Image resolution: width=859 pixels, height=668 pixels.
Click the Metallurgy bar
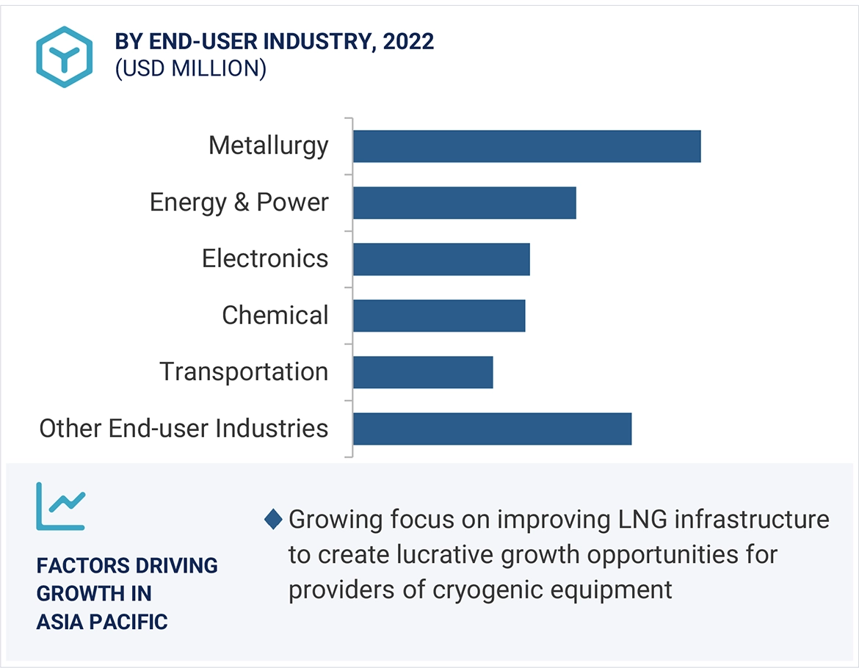526,146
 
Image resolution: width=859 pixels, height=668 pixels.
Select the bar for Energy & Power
464,203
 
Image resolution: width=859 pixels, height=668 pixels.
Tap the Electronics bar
441,259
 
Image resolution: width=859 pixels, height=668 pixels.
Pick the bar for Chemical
439,316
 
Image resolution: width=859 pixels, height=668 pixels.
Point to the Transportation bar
423,372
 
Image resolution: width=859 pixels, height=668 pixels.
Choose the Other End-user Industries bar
492,429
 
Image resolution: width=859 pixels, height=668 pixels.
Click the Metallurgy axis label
268,145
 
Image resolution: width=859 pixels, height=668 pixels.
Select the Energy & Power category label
239,202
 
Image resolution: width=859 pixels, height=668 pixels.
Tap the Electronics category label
265,258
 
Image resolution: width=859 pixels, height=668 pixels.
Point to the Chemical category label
275,316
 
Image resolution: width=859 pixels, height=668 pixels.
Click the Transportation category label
244,371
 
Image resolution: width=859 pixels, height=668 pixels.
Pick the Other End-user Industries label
184,428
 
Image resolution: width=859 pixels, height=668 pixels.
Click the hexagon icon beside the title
65,57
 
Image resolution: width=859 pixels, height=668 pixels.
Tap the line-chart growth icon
61,506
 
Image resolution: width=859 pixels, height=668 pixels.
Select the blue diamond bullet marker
273,520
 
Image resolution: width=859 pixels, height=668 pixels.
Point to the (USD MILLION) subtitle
190,68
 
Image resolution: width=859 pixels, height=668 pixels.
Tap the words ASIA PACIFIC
102,622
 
